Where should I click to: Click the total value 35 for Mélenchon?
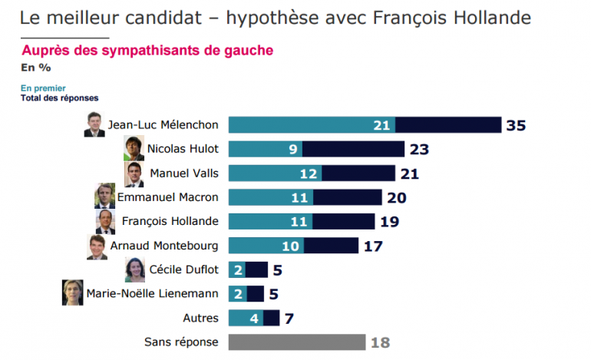tap(515, 125)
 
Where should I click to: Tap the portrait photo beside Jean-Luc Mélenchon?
tap(94, 125)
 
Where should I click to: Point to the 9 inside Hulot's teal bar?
tap(292, 150)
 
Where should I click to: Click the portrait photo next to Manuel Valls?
tap(134, 173)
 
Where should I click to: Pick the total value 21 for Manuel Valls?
tap(410, 174)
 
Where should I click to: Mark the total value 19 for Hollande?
tap(388, 222)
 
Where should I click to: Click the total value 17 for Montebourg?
tap(373, 246)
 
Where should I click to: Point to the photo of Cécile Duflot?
tap(134, 269)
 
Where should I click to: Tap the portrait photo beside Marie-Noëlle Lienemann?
tap(72, 293)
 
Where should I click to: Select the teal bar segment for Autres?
tap(246, 318)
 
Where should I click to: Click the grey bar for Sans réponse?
tap(296, 342)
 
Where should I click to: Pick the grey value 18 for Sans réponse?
tap(381, 342)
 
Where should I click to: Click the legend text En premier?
tap(43, 88)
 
